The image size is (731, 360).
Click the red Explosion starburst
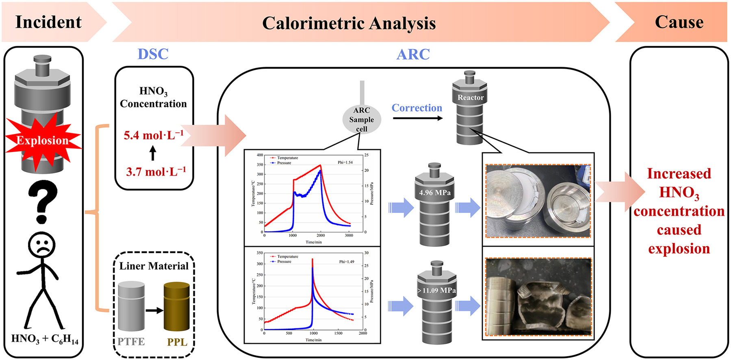coord(43,141)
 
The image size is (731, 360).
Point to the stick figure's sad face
coord(42,245)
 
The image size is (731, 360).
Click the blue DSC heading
coord(153,54)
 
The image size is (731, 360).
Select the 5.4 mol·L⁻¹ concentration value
coord(154,134)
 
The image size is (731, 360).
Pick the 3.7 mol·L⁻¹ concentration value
coord(156,171)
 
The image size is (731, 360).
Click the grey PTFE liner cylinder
coord(131,307)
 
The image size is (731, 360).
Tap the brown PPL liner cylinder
coord(177,307)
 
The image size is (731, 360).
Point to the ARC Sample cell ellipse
coord(361,119)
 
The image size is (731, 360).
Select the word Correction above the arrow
coord(416,108)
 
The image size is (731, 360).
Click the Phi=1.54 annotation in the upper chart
coord(345,162)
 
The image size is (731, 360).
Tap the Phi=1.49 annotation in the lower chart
coord(347,261)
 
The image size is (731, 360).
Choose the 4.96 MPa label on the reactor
coord(435,193)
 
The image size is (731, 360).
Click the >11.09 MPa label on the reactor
coord(436,291)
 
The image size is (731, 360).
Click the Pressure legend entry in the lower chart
coord(284,261)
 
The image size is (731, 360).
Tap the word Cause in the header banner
coord(679,22)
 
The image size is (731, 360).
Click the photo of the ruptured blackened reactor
coord(538,297)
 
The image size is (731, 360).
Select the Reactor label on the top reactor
coord(471,98)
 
